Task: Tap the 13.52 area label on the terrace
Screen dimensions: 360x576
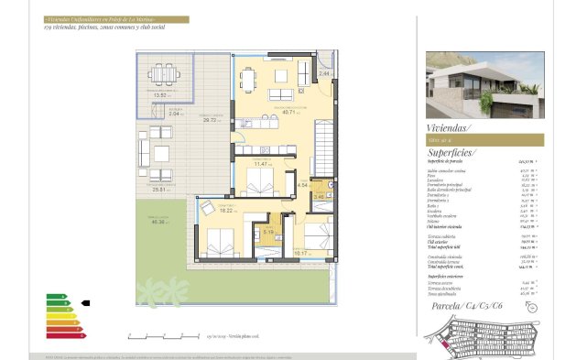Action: tap(163, 94)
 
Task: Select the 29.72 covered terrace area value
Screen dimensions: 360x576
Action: tap(211, 119)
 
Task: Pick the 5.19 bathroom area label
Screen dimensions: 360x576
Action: tap(268, 231)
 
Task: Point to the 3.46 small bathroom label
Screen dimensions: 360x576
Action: tap(319, 195)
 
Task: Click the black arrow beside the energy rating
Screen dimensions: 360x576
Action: tap(85, 301)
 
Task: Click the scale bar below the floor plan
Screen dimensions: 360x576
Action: tap(156, 335)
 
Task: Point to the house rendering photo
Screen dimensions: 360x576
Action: tap(484, 83)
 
